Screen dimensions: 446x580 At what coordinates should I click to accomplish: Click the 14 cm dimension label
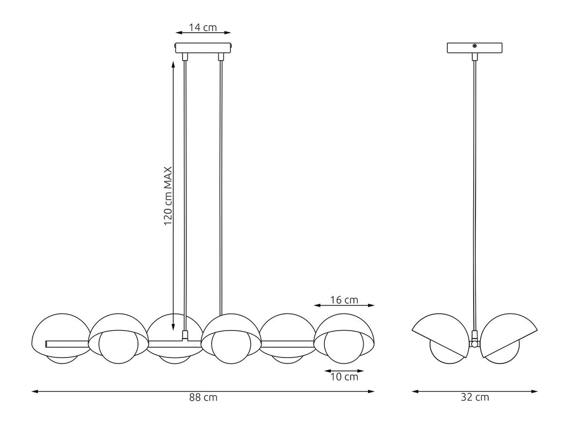[x=203, y=27]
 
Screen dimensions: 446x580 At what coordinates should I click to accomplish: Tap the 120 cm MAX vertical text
[x=168, y=195]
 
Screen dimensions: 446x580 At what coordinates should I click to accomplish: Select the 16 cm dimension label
[x=344, y=299]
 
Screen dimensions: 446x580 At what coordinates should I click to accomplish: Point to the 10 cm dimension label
[x=344, y=377]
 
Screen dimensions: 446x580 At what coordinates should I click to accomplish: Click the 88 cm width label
[x=203, y=398]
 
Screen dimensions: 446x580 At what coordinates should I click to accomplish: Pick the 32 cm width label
[x=475, y=398]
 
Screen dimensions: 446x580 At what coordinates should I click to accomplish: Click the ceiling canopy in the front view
[x=203, y=48]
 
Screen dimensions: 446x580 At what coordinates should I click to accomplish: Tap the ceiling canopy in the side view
[x=475, y=48]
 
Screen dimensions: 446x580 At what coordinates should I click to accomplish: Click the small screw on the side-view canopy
[x=475, y=47]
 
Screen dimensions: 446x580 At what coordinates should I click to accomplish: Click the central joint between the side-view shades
[x=475, y=342]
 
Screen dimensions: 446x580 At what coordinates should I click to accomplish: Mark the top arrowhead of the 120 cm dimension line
[x=173, y=63]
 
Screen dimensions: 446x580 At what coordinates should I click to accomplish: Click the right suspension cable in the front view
[x=222, y=188]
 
